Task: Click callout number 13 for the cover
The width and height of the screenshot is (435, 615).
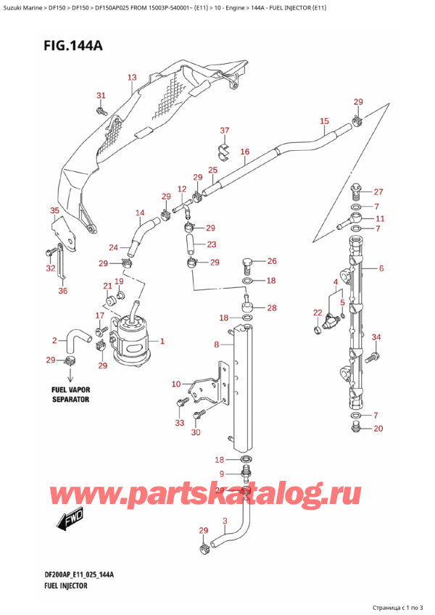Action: (x=131, y=77)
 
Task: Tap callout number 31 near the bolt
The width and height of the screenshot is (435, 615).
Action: (x=101, y=96)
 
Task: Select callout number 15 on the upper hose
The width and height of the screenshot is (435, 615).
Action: (x=324, y=121)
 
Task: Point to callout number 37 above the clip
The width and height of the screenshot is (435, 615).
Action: (x=224, y=131)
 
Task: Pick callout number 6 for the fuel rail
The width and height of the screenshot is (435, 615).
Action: (x=381, y=268)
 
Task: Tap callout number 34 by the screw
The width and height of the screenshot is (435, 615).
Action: (x=376, y=337)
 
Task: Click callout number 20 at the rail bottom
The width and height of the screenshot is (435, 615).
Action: (x=378, y=428)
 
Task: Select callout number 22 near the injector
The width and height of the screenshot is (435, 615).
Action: (x=317, y=313)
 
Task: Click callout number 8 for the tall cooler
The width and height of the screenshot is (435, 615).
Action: (x=216, y=346)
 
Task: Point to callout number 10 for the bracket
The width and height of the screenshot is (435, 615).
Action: (x=175, y=384)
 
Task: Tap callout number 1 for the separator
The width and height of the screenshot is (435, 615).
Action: (x=162, y=341)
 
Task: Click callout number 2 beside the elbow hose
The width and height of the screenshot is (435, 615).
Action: (x=54, y=340)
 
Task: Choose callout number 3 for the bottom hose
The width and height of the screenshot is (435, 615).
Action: (x=225, y=521)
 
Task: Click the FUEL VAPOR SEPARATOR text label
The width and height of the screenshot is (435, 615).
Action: (x=70, y=395)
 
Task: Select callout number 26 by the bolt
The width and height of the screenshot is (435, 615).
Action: (x=271, y=261)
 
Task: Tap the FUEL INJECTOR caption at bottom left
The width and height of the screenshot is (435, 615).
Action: (x=65, y=585)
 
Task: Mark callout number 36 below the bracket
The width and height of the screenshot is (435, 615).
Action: (x=62, y=292)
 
